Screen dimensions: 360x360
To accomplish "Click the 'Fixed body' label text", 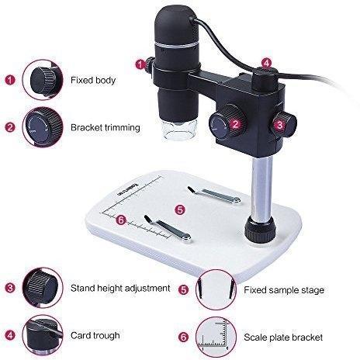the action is click(x=93, y=80).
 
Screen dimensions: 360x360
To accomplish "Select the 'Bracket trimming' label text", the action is click(x=106, y=127).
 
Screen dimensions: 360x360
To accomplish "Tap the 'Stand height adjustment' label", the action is click(x=120, y=288).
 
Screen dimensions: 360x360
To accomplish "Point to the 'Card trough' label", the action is click(x=95, y=335).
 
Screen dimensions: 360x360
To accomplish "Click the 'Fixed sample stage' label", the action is click(x=284, y=290).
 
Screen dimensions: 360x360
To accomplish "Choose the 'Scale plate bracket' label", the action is click(x=283, y=337).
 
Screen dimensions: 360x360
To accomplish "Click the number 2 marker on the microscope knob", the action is click(x=235, y=124).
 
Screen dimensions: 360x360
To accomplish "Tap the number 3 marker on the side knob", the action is click(x=280, y=126).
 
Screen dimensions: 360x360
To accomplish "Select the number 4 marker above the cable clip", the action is click(x=266, y=63).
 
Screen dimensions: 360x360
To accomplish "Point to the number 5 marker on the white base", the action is click(x=180, y=209).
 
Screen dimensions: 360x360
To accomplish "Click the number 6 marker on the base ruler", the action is click(x=121, y=220).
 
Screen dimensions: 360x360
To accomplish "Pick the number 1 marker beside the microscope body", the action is click(x=140, y=64).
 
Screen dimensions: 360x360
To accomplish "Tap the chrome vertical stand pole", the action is click(x=261, y=189).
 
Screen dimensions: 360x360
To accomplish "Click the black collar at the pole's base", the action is click(x=259, y=229).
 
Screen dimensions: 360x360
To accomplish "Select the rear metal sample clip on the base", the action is click(x=214, y=195).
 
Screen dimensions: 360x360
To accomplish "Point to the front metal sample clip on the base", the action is click(x=168, y=228).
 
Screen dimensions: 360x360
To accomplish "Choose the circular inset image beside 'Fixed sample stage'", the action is click(x=216, y=289).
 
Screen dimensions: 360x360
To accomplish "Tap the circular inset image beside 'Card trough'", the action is click(x=43, y=335).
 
